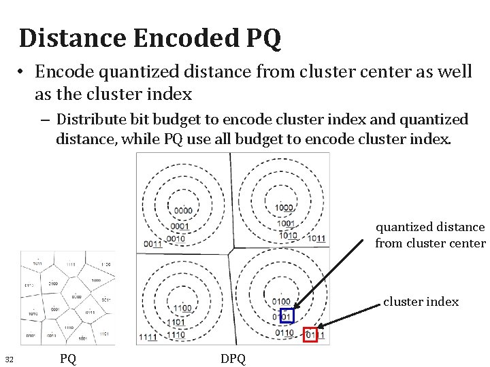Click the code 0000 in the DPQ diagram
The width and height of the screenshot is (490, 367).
coord(183,211)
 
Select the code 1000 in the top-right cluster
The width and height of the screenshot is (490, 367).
coord(284,208)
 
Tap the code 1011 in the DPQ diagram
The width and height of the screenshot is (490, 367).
coord(316,239)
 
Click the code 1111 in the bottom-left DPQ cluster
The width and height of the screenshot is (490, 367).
coord(148,337)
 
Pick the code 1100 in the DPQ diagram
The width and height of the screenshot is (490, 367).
coord(182,308)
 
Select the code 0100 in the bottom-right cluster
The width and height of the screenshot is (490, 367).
coord(281,301)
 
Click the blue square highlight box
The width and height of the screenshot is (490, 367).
coord(287,316)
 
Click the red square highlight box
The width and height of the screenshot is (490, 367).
coord(310,334)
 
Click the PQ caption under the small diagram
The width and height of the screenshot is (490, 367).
coord(67,358)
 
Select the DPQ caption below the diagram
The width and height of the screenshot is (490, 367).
coord(233,358)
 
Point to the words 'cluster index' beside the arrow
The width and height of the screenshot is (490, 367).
coord(421,302)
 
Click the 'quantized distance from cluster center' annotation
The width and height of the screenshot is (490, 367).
coord(430,235)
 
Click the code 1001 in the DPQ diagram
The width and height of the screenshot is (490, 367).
coord(286,223)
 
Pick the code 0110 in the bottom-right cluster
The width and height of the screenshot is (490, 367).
coord(285,332)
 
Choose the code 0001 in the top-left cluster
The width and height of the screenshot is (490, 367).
coord(180,226)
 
